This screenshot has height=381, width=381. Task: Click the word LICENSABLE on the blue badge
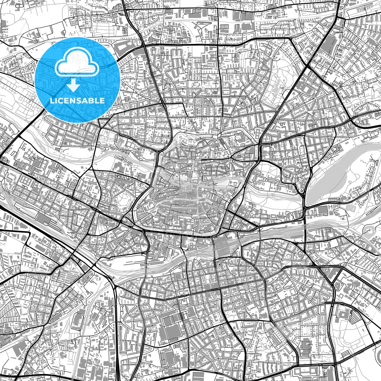77,101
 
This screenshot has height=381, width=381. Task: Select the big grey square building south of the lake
322,210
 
